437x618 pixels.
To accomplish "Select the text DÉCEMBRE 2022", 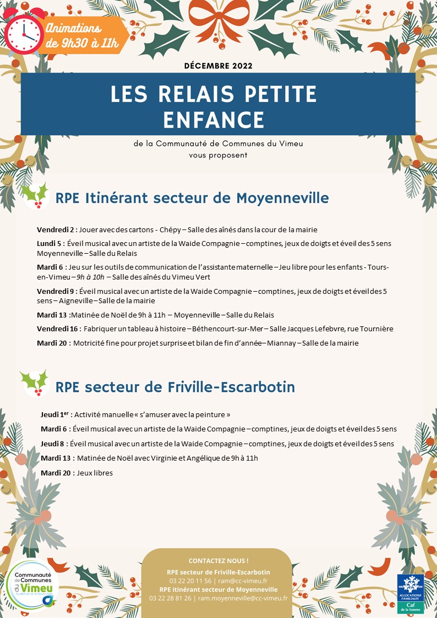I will click(218, 66).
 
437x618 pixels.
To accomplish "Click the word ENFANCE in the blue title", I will click(218, 119).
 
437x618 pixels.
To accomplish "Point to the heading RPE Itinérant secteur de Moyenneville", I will click(192, 198).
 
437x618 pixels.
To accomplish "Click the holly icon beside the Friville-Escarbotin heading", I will click(34, 383).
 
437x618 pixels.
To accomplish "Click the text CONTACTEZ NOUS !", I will click(218, 561).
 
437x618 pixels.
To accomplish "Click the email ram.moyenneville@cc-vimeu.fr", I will click(243, 598).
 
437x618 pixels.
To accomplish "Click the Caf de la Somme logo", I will click(411, 593).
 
